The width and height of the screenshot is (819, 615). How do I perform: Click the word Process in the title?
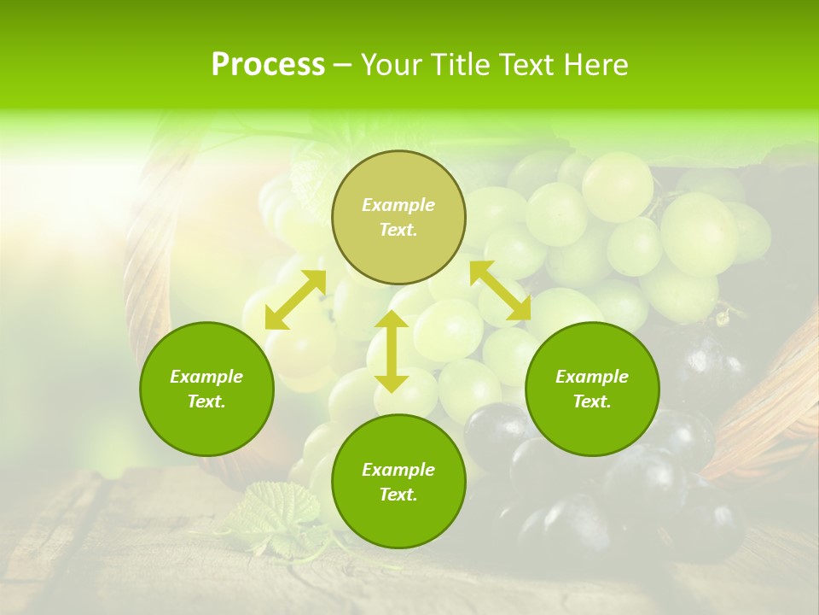tap(268, 65)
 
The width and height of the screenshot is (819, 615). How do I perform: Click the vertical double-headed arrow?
tap(392, 351)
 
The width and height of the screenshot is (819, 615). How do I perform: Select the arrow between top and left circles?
tap(295, 299)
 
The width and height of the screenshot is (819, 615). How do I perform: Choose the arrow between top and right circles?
tap(500, 290)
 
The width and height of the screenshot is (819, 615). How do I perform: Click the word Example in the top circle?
tap(398, 205)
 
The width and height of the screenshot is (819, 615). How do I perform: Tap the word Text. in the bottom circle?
tap(398, 495)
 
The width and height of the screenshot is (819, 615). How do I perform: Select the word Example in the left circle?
tap(206, 377)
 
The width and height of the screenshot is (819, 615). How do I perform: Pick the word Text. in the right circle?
tap(592, 401)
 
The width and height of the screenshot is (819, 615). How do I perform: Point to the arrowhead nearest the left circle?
tap(275, 319)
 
